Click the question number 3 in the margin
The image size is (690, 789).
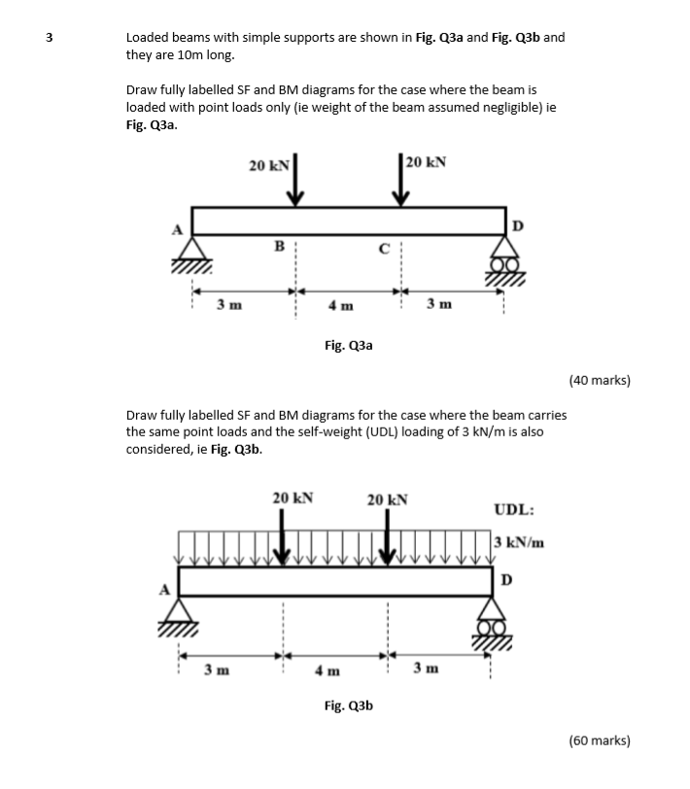pos(48,38)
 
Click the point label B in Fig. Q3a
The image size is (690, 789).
pos(278,247)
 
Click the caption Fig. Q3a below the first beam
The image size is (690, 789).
pos(348,344)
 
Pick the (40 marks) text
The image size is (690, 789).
pos(601,381)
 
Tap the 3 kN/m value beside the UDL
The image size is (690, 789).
pos(520,542)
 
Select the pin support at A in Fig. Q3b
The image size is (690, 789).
pos(178,613)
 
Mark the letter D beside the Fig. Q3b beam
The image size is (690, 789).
pos(505,580)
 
